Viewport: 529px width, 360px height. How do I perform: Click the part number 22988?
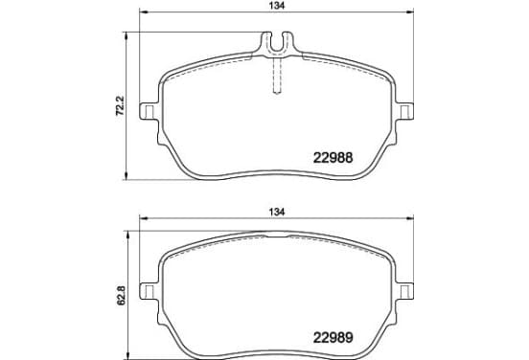coord(333,157)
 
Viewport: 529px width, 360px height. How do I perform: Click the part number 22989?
coord(333,337)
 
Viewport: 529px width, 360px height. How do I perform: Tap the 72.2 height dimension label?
coord(121,106)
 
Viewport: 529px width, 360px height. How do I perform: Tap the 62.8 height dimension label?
coord(121,295)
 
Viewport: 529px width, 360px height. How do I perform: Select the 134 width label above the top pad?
coord(277,6)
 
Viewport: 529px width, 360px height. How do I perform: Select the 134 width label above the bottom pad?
coord(277,212)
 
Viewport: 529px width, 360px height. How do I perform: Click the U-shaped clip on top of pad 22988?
coord(277,43)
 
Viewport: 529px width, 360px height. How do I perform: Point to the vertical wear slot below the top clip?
coord(277,75)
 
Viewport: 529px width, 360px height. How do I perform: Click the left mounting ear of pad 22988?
coord(149,111)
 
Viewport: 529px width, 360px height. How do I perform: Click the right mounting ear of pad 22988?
coord(404,111)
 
